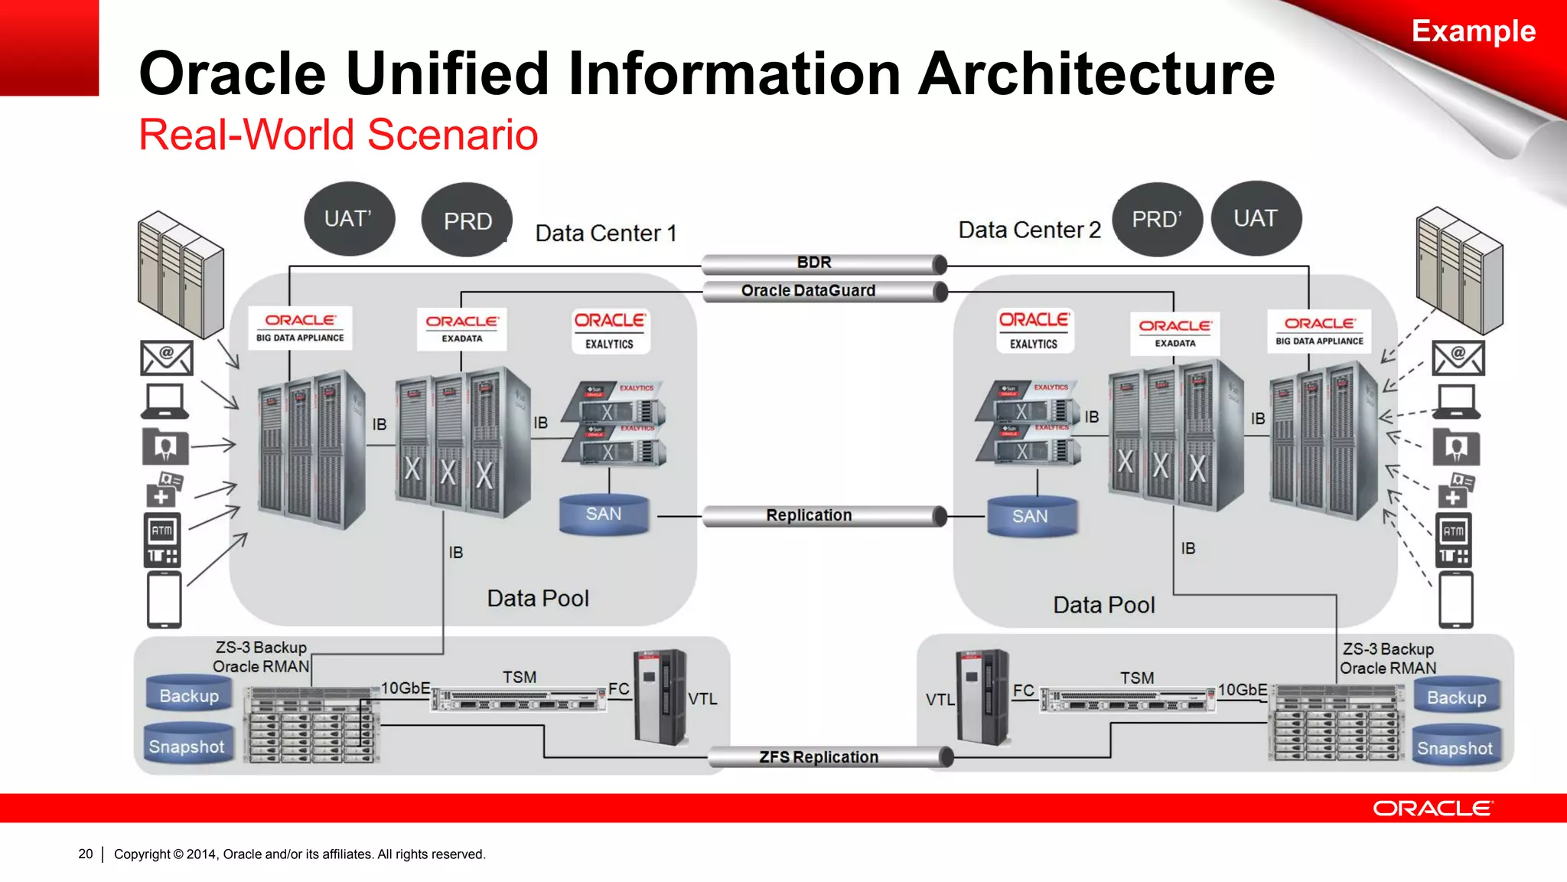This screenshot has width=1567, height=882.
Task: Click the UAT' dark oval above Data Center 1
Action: (349, 219)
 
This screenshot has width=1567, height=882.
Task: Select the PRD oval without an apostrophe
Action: (467, 220)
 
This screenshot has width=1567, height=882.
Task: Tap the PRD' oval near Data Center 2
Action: (1157, 220)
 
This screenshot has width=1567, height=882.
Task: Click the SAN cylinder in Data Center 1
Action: (604, 514)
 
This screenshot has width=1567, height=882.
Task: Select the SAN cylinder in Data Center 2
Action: (1031, 517)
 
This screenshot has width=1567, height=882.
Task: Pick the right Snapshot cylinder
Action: (1455, 747)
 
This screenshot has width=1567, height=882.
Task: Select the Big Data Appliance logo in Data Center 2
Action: (1319, 331)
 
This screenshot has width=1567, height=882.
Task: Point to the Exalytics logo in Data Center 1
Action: (610, 331)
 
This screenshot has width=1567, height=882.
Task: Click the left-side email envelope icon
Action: (166, 358)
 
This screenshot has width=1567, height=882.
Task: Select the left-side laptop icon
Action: (165, 401)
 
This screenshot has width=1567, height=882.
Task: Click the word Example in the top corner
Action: (1473, 31)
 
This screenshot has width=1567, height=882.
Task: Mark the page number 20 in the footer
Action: (86, 854)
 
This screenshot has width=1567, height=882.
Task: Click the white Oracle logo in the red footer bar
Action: (1432, 808)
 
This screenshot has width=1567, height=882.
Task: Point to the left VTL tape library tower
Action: (660, 697)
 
